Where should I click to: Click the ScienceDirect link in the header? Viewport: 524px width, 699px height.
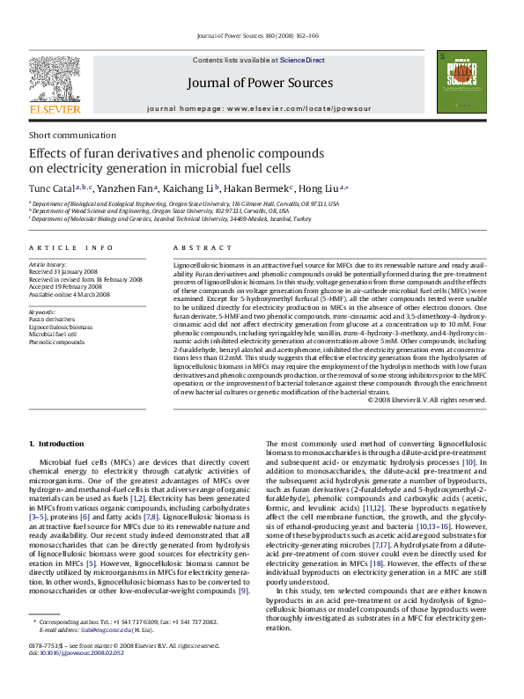coord(302,60)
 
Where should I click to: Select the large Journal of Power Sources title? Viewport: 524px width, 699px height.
coord(259,84)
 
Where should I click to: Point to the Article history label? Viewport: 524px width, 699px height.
coord(48,264)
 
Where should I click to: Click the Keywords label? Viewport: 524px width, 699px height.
coord(42,312)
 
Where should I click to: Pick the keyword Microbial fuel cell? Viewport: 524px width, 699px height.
coord(54,335)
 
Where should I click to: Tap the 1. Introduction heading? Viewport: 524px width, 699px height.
coord(56,443)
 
